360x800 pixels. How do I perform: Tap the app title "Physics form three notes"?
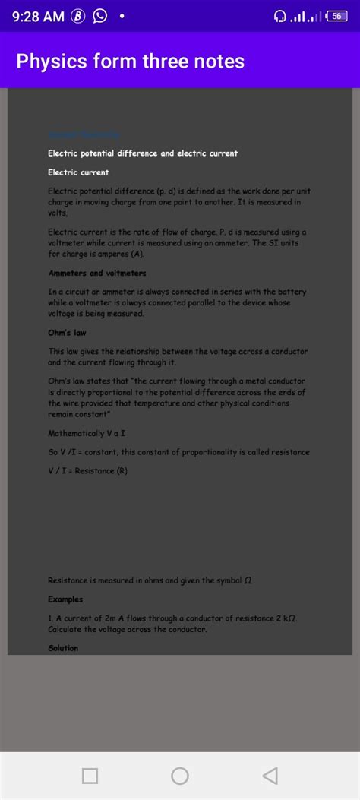pyautogui.click(x=131, y=61)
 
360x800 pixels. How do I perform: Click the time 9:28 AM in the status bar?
pyautogui.click(x=39, y=17)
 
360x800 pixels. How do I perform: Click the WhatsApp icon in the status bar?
pyautogui.click(x=99, y=17)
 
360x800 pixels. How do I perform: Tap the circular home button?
pyautogui.click(x=180, y=776)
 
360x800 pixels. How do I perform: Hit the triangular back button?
pyautogui.click(x=269, y=776)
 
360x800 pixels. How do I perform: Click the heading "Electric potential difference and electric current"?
pyautogui.click(x=143, y=153)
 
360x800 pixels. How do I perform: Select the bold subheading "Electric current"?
pyautogui.click(x=78, y=172)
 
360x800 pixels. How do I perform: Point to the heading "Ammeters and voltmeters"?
pyautogui.click(x=97, y=273)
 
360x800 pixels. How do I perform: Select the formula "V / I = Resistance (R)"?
pyautogui.click(x=88, y=471)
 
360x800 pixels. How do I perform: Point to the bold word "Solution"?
pyautogui.click(x=63, y=648)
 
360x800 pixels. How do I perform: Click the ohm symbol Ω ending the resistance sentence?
pyautogui.click(x=248, y=581)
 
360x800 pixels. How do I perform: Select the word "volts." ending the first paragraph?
pyautogui.click(x=58, y=213)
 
